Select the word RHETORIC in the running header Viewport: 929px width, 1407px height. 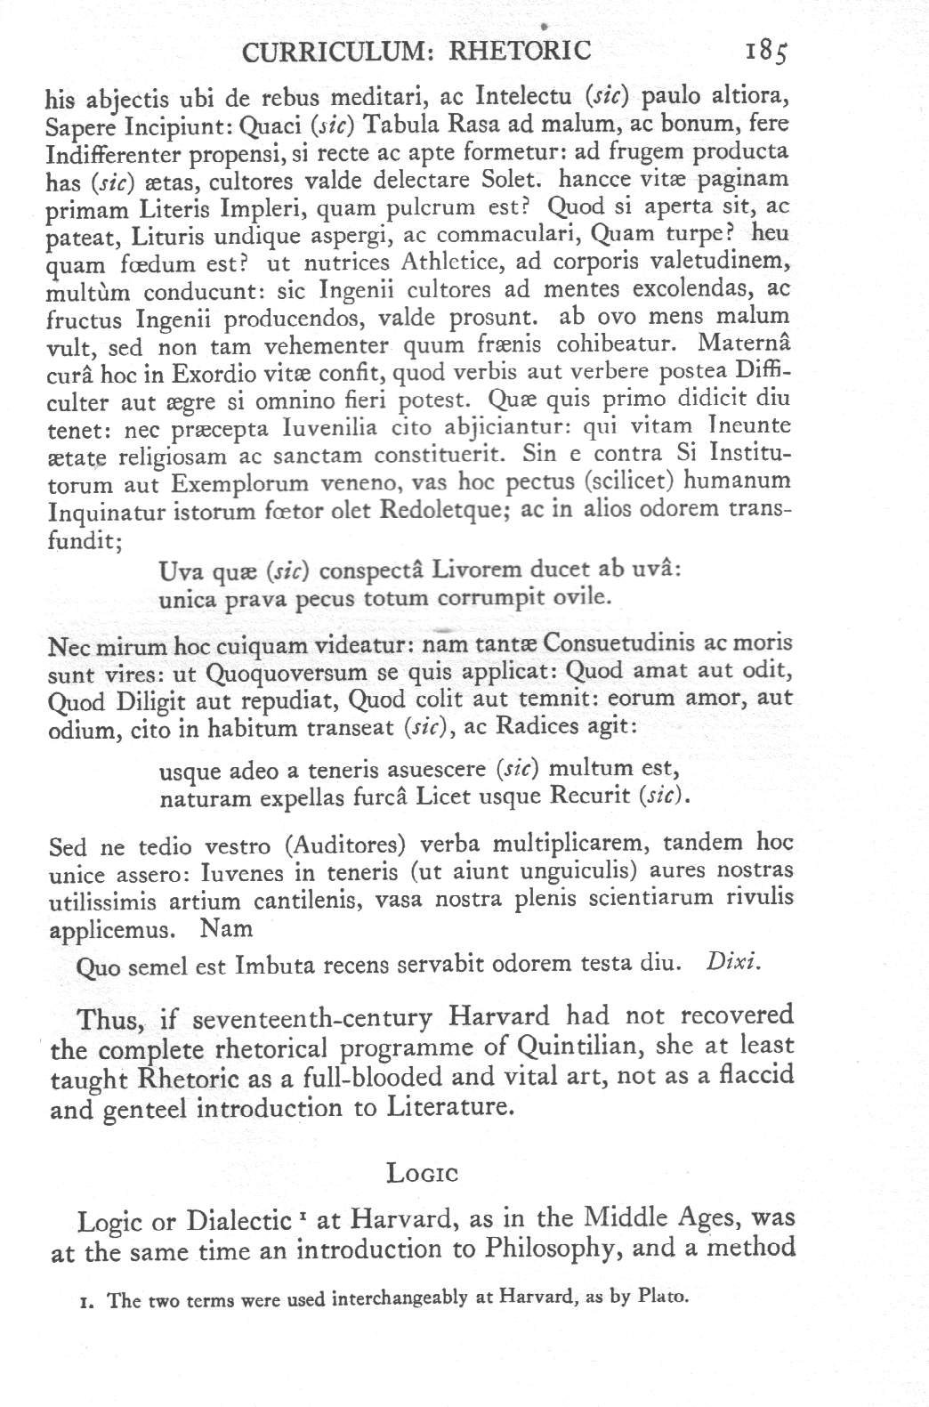tap(521, 50)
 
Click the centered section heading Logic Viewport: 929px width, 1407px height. tap(422, 1173)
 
